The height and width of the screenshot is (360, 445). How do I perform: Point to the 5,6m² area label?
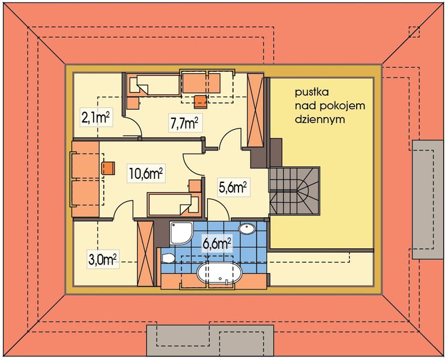pyautogui.click(x=232, y=187)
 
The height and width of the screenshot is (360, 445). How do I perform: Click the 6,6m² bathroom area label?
pyautogui.click(x=216, y=243)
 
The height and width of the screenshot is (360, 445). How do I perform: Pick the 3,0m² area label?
pyautogui.click(x=103, y=259)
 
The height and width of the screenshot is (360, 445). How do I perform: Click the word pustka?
pyautogui.click(x=312, y=92)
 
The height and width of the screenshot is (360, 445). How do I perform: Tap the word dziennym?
pyautogui.click(x=320, y=119)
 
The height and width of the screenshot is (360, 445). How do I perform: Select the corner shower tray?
pyautogui.click(x=181, y=232)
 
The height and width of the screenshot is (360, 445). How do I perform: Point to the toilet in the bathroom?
pyautogui.click(x=168, y=258)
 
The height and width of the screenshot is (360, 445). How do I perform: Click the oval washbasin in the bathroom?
pyautogui.click(x=247, y=229)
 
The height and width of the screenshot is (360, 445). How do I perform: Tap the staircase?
pyautogui.click(x=295, y=190)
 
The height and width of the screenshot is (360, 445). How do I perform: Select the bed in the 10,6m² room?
pyautogui.click(x=173, y=205)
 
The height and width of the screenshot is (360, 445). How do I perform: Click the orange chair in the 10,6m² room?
pyautogui.click(x=108, y=168)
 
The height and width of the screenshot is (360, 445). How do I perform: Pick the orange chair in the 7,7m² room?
pyautogui.click(x=201, y=102)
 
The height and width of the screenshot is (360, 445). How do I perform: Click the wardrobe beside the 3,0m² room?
pyautogui.click(x=145, y=254)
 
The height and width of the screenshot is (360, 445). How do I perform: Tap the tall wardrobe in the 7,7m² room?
pyautogui.click(x=255, y=110)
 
